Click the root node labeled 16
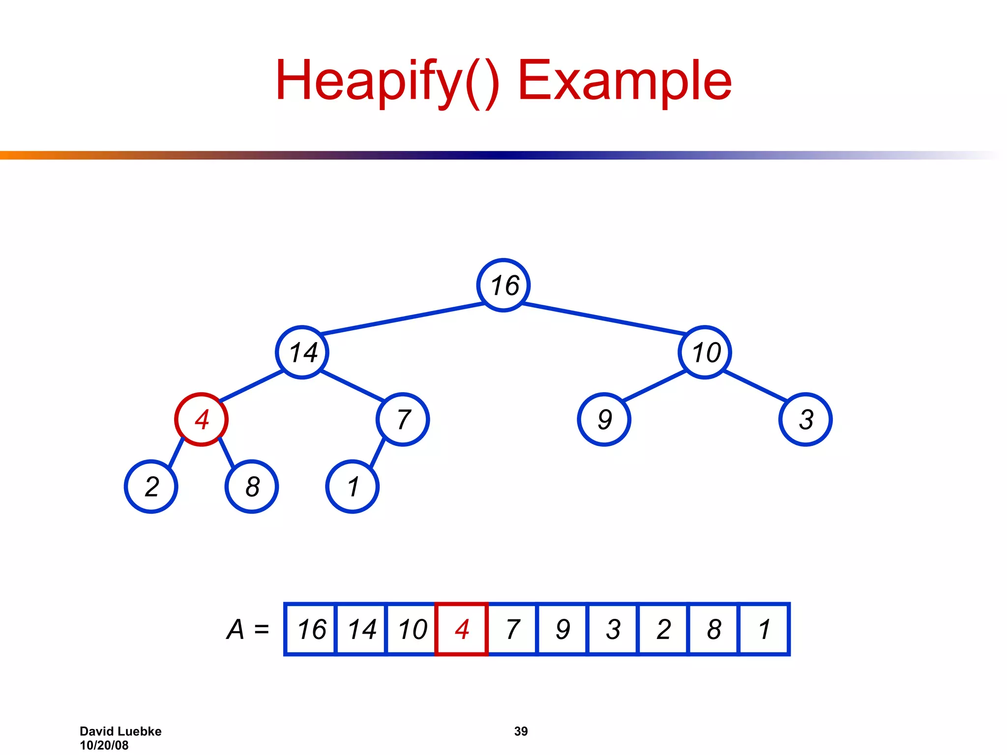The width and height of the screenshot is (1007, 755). [x=503, y=285]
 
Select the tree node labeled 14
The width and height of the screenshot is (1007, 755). [x=302, y=352]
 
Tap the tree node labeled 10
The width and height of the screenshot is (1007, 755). [x=705, y=352]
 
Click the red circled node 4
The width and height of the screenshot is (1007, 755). [x=201, y=419]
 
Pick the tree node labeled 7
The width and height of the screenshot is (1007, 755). [x=403, y=419]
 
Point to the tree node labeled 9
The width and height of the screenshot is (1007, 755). [x=604, y=419]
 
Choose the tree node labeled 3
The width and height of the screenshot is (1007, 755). [x=805, y=419]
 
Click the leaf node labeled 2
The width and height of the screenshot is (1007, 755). [x=151, y=487]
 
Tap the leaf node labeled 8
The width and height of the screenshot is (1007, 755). [x=252, y=487]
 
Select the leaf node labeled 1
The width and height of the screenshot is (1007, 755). [x=353, y=487]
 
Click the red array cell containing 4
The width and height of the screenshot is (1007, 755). [x=462, y=629]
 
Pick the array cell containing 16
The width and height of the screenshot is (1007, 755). [x=311, y=629]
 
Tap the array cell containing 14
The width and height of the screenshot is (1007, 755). [x=361, y=629]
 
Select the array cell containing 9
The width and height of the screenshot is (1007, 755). [x=563, y=629]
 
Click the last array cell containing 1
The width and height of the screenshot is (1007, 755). [x=764, y=629]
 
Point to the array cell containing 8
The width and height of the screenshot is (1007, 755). [x=713, y=629]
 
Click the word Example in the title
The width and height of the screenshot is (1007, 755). [x=624, y=80]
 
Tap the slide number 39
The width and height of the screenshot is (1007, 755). [x=521, y=731]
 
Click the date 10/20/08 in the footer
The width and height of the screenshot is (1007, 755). [x=104, y=745]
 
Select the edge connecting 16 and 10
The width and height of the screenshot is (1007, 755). [x=604, y=319]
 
